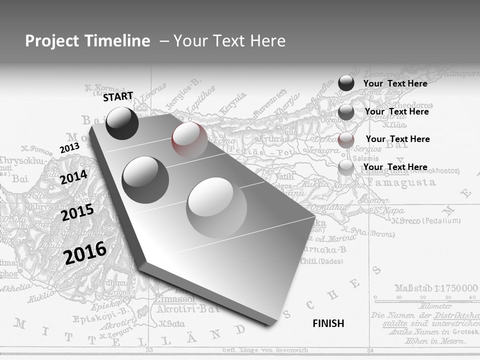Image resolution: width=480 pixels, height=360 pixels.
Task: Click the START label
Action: (x=118, y=96)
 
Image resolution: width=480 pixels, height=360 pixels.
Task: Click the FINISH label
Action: (x=328, y=323)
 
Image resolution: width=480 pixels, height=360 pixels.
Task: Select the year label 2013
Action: (x=69, y=148)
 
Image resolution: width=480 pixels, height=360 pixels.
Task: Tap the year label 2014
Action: (x=73, y=177)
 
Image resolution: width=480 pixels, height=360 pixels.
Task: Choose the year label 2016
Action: (x=85, y=252)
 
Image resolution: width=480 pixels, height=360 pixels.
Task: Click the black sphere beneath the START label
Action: (x=122, y=123)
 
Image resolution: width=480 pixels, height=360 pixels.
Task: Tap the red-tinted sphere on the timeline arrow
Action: (x=189, y=138)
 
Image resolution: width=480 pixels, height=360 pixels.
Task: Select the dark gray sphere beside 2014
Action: (x=145, y=179)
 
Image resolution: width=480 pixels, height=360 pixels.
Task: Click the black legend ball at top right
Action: (x=346, y=83)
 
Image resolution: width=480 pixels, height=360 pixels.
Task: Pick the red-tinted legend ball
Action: (x=346, y=139)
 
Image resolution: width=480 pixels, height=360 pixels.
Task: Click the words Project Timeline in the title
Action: (x=87, y=41)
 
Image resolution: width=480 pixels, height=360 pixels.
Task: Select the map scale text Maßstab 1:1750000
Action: (x=436, y=288)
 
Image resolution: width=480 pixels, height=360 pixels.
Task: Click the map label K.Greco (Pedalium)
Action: (x=425, y=220)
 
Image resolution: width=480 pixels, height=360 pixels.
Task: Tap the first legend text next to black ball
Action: (x=395, y=83)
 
